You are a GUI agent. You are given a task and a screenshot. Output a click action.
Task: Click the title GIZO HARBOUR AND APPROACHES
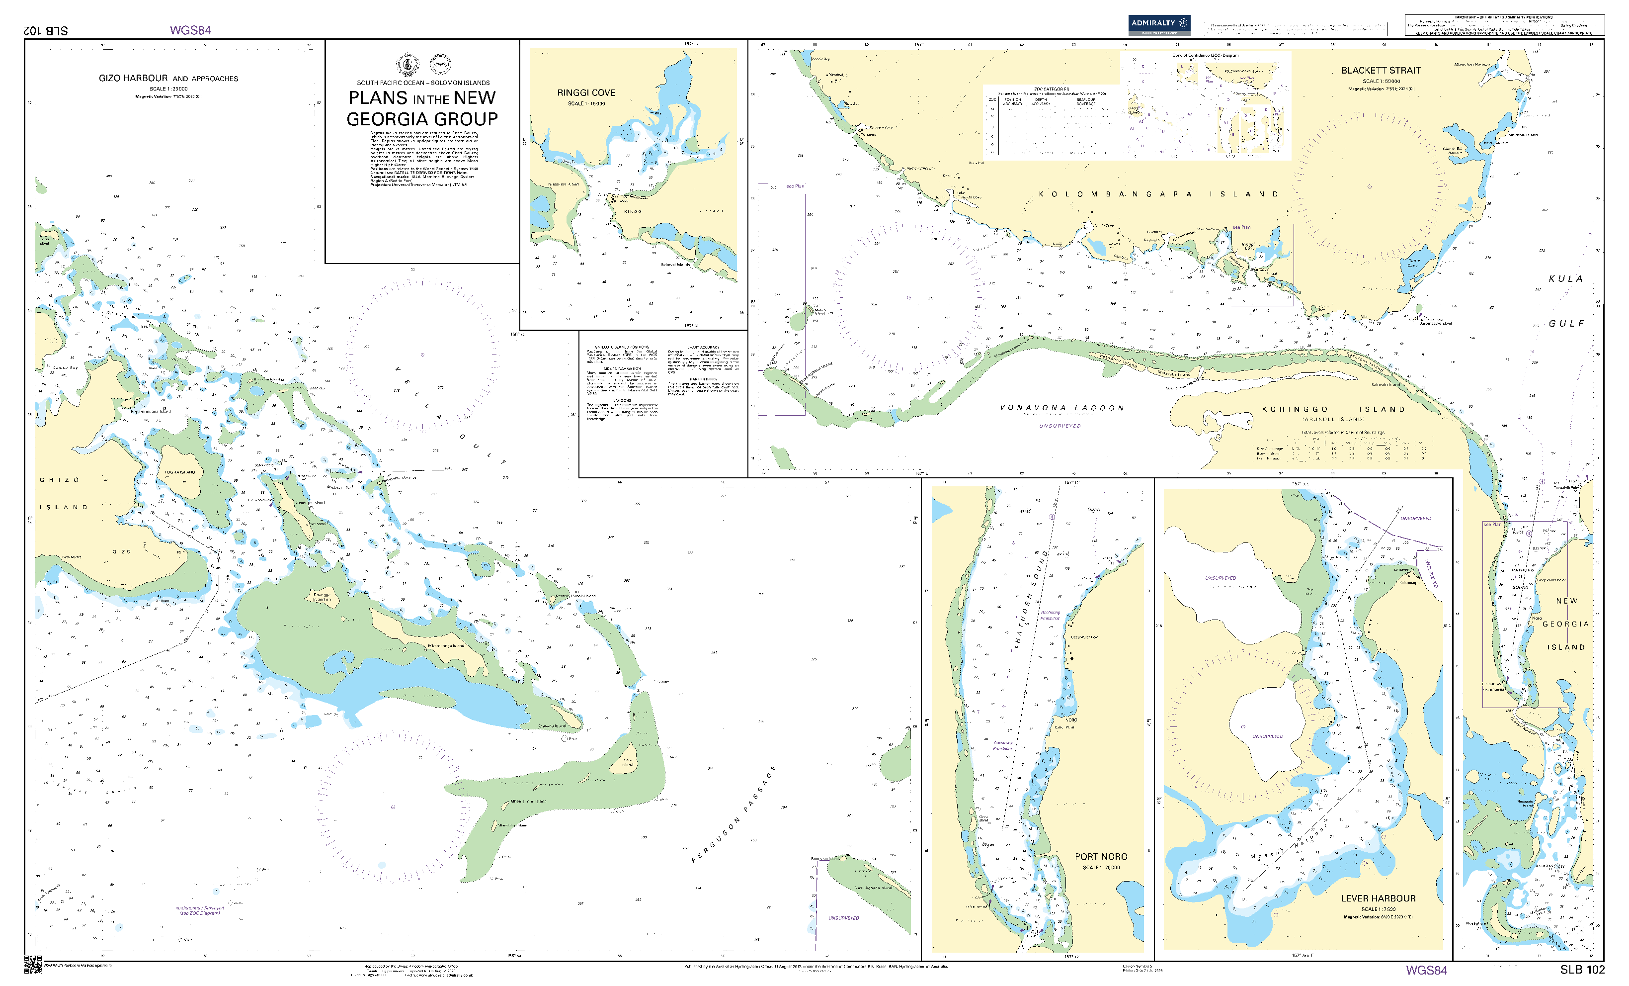coord(168,78)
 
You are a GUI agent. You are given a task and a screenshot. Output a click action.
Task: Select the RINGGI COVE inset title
coord(586,92)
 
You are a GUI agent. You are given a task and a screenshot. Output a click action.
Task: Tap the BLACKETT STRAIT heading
coord(1381,70)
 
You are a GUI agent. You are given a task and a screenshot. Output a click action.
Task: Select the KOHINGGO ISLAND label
coord(1333,409)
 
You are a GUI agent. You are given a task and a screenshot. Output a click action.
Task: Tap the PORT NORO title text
coord(1101,856)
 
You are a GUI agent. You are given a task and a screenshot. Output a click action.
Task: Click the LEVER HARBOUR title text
coord(1378,898)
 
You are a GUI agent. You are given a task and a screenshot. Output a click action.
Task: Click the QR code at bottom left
coord(33,964)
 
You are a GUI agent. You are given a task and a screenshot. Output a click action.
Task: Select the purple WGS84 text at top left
coord(190,30)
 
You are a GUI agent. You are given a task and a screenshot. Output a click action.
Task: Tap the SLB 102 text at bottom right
coord(1582,970)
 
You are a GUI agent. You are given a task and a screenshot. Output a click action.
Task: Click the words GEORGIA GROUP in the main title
coord(422,119)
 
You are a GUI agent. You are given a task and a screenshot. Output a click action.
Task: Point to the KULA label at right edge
coord(1565,279)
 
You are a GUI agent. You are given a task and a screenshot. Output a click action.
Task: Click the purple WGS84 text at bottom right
coord(1426,970)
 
